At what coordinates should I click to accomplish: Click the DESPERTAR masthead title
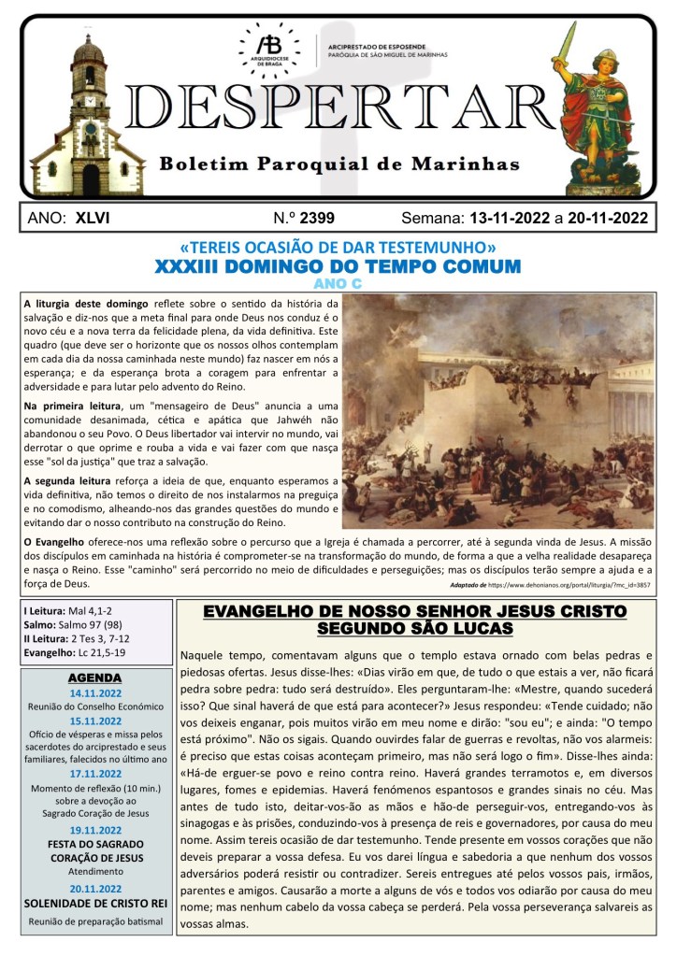pos(338,108)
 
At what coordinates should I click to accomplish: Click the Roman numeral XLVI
pos(93,219)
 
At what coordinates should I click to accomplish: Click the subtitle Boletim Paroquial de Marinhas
pos(338,164)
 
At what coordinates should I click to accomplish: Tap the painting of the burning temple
pos(498,411)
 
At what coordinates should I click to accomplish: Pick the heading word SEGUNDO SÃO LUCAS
pos(415,629)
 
